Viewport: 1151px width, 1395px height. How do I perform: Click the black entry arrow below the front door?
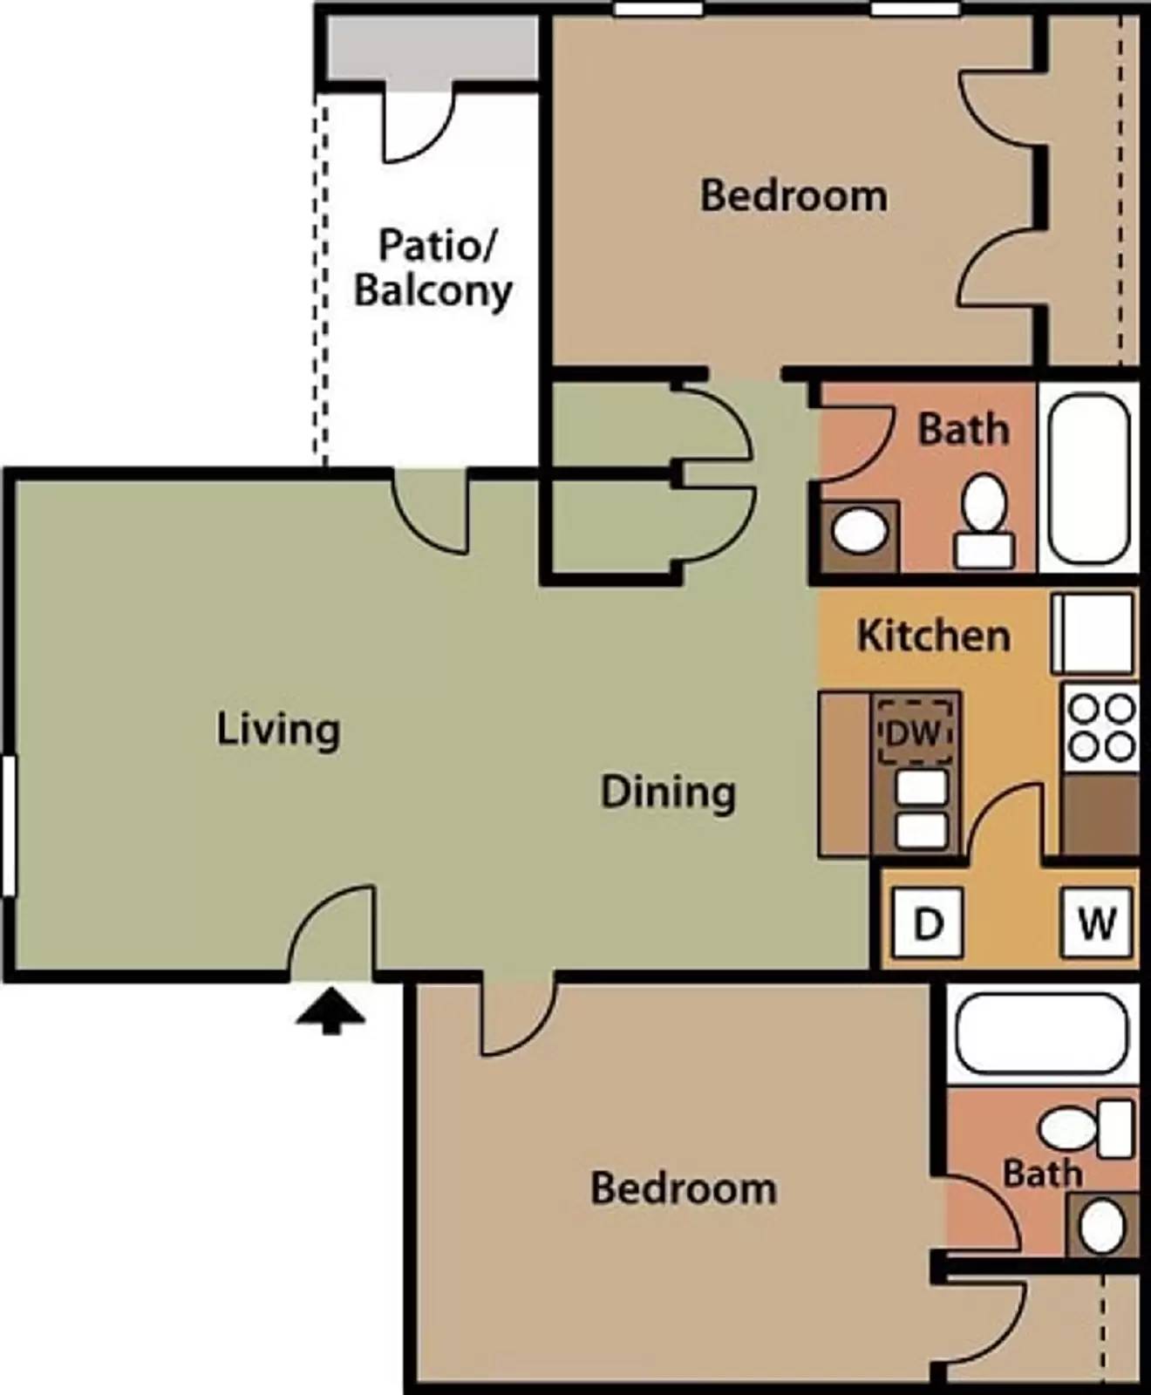330,1013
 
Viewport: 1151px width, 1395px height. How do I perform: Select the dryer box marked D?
928,922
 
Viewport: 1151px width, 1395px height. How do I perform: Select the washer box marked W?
1096,922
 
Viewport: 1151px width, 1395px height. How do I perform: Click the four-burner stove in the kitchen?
1101,727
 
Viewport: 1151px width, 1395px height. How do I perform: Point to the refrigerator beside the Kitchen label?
1094,633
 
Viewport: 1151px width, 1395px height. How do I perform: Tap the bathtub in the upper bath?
1087,478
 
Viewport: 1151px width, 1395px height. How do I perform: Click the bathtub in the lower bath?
1041,1034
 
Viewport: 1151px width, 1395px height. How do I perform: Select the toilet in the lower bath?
1086,1128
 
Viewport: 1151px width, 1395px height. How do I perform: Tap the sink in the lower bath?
1102,1224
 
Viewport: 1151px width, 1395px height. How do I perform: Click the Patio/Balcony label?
433,268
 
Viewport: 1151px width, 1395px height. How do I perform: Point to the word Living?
278,730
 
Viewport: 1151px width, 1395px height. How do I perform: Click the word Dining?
668,793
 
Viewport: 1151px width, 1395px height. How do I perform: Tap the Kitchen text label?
933,636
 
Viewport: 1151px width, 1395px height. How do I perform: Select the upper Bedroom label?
793,195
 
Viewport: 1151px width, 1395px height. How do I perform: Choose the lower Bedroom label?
684,1188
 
